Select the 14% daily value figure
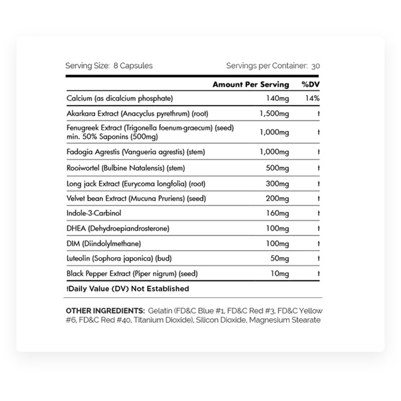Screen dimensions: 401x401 point(312,98)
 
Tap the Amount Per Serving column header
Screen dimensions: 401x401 point(251,84)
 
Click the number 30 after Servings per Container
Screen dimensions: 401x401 point(315,65)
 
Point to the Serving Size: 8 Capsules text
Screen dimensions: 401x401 point(109,65)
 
